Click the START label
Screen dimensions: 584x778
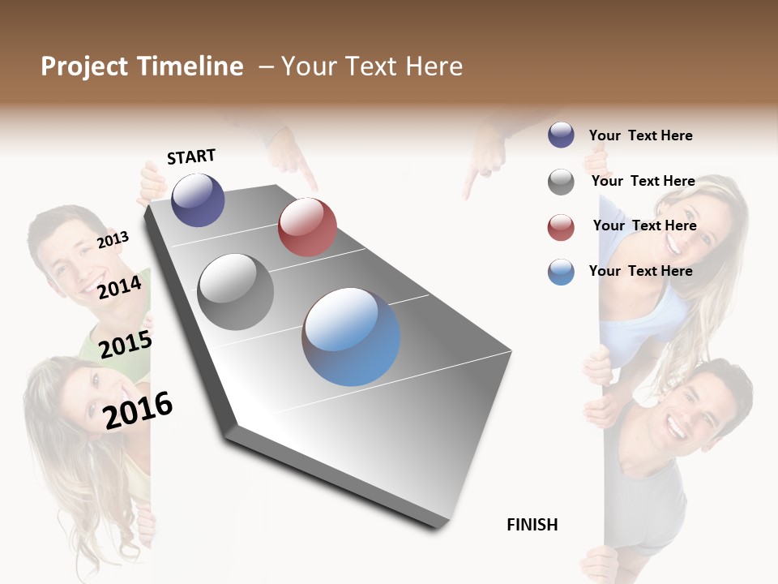coord(191,157)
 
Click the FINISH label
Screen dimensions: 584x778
coord(532,525)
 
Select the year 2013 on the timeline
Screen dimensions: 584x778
coord(113,240)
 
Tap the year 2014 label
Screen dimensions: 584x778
coord(119,287)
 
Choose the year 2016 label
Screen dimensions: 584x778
coord(138,409)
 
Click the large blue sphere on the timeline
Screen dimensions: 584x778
coord(351,336)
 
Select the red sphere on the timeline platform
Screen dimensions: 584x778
coord(307,227)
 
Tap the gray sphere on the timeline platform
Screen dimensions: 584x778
coord(236,291)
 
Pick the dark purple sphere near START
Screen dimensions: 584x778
coord(198,200)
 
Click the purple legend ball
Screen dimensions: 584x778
coord(561,135)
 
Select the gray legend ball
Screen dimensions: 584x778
coord(561,182)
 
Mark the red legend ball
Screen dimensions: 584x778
coord(561,227)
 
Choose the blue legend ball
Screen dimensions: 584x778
coord(561,272)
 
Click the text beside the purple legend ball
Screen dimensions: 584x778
coord(640,135)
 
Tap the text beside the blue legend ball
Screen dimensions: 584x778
coord(640,271)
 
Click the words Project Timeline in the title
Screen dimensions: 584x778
coord(142,67)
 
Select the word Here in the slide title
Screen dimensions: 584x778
coord(434,67)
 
